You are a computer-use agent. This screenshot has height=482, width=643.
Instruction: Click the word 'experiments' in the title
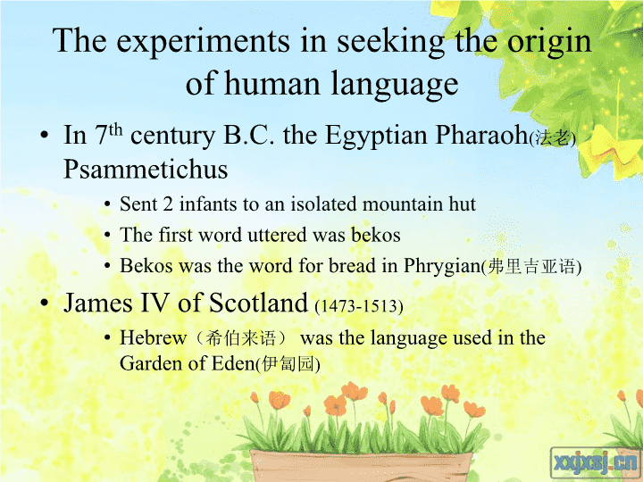203,42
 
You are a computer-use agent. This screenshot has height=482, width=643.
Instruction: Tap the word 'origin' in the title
549,42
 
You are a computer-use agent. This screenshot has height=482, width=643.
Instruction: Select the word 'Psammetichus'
146,169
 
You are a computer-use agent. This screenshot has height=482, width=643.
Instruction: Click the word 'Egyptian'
375,136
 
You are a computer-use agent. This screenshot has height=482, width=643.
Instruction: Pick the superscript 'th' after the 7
115,129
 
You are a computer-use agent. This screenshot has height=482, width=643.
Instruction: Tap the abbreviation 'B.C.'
248,135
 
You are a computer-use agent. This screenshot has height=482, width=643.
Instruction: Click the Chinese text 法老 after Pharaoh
553,138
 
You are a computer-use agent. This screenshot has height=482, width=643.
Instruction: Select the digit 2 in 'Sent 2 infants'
168,204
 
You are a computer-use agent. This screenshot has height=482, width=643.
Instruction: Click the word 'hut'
463,204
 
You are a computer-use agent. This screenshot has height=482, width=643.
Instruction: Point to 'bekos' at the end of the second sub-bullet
376,235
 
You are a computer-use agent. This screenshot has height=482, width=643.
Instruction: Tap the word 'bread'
352,266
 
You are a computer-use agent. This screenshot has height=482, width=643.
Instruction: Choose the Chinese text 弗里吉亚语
532,267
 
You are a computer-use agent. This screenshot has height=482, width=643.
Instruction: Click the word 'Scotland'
258,303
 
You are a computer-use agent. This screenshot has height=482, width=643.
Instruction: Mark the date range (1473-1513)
359,306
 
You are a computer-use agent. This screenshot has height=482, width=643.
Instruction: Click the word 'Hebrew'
154,337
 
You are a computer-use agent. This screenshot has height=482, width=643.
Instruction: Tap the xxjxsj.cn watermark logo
596,462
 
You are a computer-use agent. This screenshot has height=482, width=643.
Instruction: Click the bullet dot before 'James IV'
45,303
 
